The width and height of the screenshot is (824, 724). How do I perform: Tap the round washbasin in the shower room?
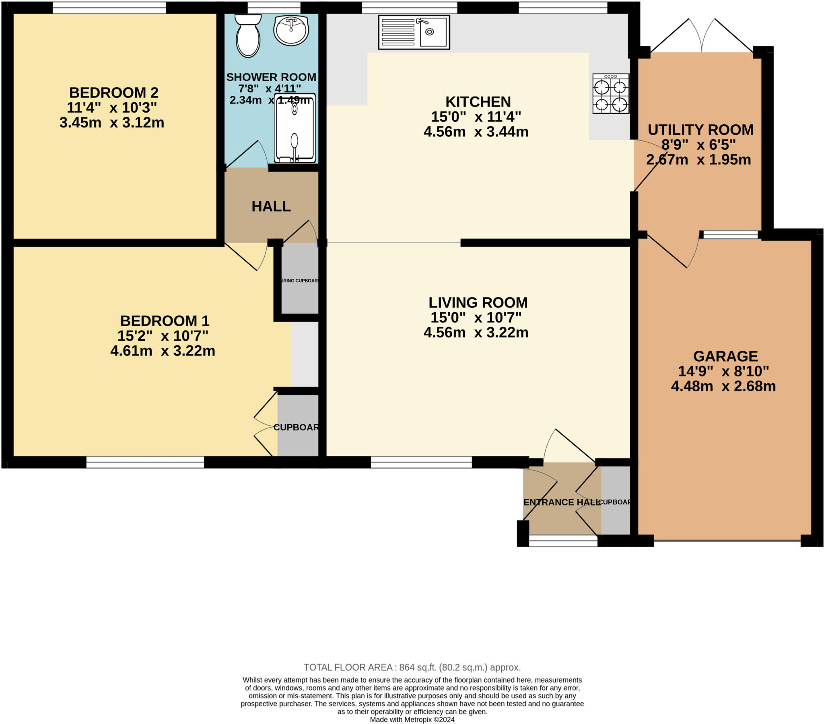[x=290, y=30]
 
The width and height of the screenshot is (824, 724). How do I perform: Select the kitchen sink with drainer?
[x=414, y=32]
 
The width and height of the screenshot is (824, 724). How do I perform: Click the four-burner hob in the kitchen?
[x=610, y=94]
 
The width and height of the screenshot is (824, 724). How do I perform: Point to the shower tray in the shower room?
[x=295, y=128]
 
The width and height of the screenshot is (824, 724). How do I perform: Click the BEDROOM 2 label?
[x=114, y=93]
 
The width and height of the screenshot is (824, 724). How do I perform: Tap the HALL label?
[x=271, y=206]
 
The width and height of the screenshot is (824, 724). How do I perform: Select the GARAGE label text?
[x=725, y=356]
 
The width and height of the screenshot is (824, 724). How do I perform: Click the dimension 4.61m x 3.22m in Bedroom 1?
[x=163, y=351]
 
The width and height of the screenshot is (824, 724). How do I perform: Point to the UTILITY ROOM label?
[x=700, y=130]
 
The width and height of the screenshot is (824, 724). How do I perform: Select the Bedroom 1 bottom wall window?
[x=145, y=463]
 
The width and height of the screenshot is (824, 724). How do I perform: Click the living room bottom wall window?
[x=421, y=463]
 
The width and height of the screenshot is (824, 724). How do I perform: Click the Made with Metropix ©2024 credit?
[x=412, y=720]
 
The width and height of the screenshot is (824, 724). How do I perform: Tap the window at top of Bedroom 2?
[x=109, y=7]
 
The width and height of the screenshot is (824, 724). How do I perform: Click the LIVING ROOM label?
[x=478, y=303]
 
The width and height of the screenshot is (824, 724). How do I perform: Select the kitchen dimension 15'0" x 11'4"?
[x=476, y=117]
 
